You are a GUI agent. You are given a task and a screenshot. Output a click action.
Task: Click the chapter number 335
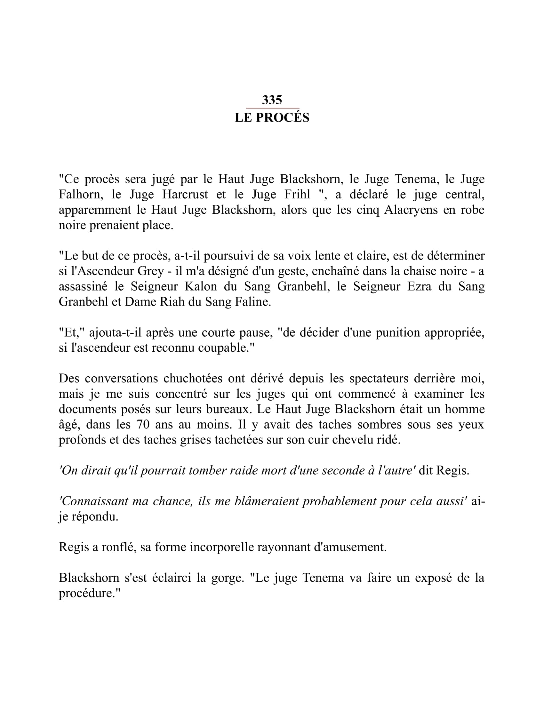pyautogui.click(x=272, y=100)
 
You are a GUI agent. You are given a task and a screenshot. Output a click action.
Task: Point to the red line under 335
pyautogui.click(x=273, y=108)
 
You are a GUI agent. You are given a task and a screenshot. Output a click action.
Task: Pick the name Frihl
pyautogui.click(x=297, y=194)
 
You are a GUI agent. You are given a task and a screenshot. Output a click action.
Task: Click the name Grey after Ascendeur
pyautogui.click(x=150, y=271)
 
